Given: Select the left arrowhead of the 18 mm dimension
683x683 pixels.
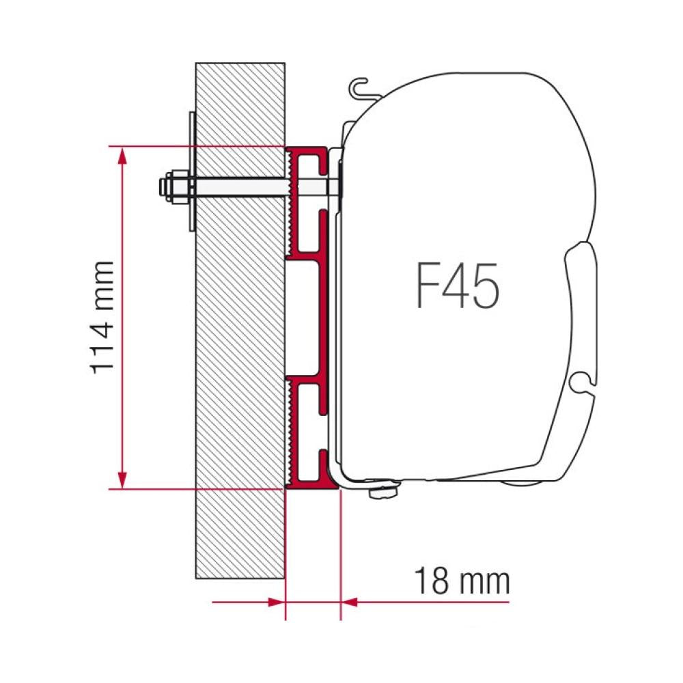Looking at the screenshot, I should [x=276, y=602].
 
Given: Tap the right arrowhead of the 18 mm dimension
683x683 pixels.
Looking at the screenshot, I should [x=348, y=602].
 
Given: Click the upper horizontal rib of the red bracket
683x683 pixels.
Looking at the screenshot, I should [x=307, y=260].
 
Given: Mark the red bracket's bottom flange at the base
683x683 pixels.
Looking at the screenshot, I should [x=311, y=484].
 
